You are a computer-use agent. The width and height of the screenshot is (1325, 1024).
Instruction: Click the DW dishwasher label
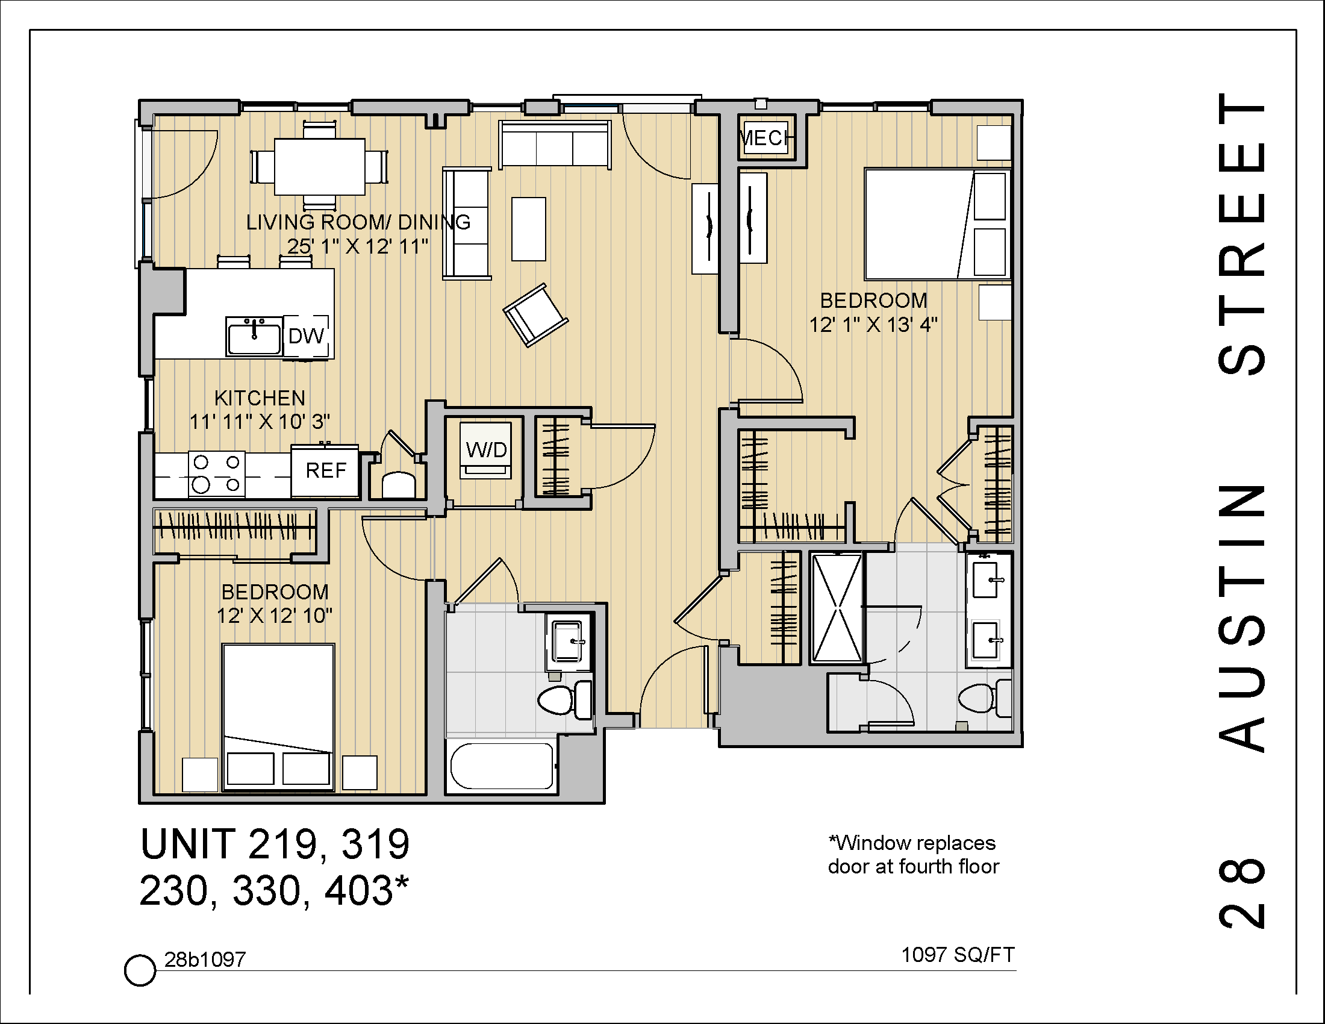click(x=307, y=336)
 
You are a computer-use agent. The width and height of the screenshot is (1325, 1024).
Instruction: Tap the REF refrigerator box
click(x=326, y=471)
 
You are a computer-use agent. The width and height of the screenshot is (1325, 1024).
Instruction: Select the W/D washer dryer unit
click(x=486, y=451)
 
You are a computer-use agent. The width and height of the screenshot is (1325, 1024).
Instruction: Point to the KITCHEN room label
click(x=260, y=399)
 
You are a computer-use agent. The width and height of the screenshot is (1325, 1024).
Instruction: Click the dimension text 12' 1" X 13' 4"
click(x=873, y=325)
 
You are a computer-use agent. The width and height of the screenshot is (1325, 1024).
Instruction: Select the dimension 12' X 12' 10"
click(x=275, y=616)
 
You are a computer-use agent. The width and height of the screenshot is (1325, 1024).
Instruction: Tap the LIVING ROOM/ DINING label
click(x=358, y=222)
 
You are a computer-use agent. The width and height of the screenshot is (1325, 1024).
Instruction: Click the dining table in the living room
click(x=320, y=167)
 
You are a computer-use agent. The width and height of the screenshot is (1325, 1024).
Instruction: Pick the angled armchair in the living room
click(x=535, y=315)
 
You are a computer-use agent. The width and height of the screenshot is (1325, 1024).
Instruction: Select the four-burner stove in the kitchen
click(x=217, y=475)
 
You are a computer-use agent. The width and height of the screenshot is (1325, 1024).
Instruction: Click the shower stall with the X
click(x=837, y=607)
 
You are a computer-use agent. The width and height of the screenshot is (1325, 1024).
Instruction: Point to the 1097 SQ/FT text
click(x=958, y=955)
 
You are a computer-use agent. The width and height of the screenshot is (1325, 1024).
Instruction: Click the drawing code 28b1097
click(x=205, y=960)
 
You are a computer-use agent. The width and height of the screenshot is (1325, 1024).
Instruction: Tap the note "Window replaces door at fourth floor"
click(x=912, y=855)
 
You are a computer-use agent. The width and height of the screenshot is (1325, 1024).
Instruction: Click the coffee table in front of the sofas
click(x=528, y=229)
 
